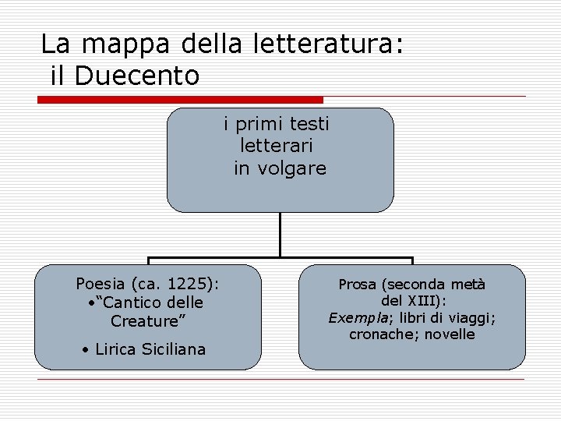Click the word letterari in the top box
click(278, 146)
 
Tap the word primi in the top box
click(259, 124)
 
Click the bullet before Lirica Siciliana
click(85, 350)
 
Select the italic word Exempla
click(353, 318)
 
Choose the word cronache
click(378, 334)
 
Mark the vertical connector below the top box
click(280, 234)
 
